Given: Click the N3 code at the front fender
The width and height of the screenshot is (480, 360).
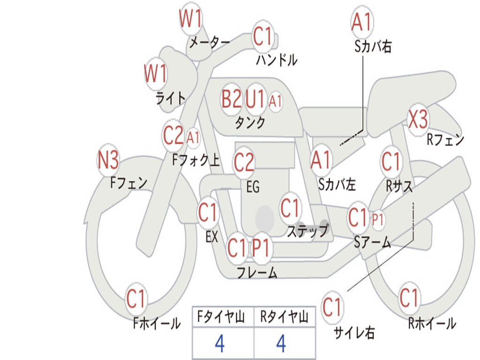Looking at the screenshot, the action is [108, 160].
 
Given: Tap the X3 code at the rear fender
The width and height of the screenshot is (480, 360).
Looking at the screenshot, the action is [418, 120].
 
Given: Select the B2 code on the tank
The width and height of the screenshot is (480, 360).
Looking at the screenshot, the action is [232, 99].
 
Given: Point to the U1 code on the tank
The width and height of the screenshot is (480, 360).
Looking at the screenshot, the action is [255, 99].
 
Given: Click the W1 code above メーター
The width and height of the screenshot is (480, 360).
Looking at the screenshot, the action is [190, 19].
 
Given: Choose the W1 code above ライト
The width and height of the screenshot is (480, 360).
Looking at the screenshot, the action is [156, 74].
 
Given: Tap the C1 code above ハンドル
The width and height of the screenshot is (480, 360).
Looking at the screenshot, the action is [262, 36].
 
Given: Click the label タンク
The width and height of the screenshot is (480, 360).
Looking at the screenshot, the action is [250, 122].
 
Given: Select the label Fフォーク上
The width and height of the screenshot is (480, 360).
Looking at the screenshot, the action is [196, 160].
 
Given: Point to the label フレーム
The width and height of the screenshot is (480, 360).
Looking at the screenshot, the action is [257, 272].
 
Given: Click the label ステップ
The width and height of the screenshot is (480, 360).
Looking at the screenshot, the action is [307, 231].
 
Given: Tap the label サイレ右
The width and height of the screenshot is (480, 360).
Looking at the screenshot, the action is [354, 332].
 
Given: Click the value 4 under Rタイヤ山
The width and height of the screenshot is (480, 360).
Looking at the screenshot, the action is [281, 343].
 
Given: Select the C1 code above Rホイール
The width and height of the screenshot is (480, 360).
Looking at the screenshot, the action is [409, 298].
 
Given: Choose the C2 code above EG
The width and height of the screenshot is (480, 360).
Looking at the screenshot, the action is [244, 162].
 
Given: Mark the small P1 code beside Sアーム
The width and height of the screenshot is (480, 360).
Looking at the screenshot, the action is [378, 219].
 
